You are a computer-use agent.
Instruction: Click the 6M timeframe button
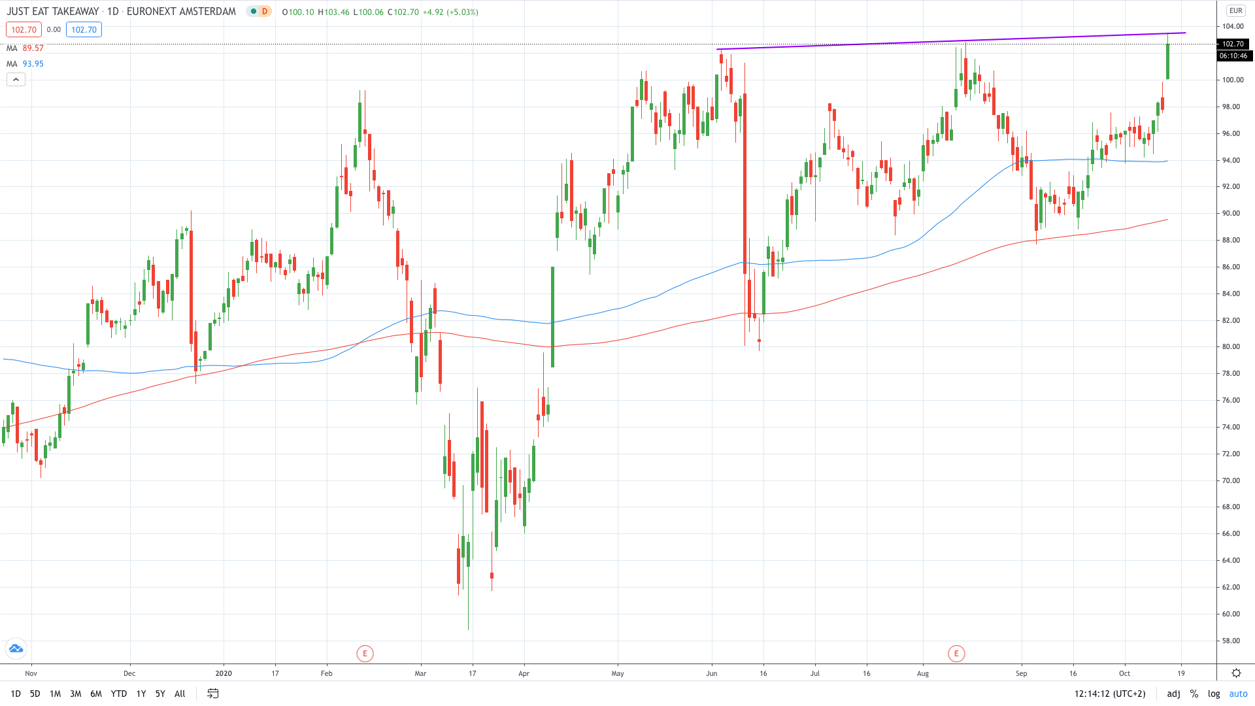click(96, 694)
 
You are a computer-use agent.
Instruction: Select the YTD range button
click(119, 694)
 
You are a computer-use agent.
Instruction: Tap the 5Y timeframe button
click(160, 694)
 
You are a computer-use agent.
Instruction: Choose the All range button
click(180, 694)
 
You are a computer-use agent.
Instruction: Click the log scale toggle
click(1214, 694)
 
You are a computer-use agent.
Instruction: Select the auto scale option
click(1238, 694)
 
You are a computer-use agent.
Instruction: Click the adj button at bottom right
click(1173, 694)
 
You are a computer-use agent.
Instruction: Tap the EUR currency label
click(1235, 10)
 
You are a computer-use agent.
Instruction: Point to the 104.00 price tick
click(1233, 27)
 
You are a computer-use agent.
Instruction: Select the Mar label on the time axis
click(420, 673)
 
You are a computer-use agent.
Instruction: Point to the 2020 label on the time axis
click(224, 673)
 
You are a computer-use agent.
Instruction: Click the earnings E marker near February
click(365, 653)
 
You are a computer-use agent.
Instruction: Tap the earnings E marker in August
click(956, 653)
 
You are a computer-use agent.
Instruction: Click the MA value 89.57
click(33, 48)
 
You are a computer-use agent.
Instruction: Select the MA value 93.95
click(33, 64)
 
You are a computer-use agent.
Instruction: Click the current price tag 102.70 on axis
click(1233, 44)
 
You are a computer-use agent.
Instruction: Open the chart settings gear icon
click(1236, 673)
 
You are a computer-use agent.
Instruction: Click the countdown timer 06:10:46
click(1233, 56)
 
